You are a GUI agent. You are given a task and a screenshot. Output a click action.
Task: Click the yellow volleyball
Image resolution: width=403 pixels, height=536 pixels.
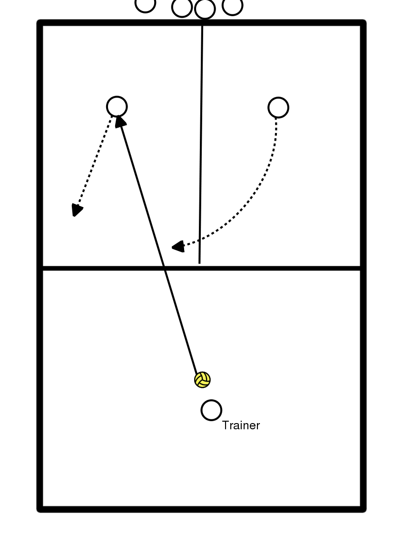202,379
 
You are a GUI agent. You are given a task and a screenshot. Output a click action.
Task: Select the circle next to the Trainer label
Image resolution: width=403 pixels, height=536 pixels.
211,410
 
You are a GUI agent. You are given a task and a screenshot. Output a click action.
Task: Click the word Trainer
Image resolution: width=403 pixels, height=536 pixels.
241,425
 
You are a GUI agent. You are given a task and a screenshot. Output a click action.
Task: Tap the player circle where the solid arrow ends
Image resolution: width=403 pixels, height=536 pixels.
117,106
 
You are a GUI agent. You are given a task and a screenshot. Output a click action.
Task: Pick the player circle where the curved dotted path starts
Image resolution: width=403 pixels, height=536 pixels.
278,108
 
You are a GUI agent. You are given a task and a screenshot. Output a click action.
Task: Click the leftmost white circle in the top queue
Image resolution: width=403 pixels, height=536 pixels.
146,4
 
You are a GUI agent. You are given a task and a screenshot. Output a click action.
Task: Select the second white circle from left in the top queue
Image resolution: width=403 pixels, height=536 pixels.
182,7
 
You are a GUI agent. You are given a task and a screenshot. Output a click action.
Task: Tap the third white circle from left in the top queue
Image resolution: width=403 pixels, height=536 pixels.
205,9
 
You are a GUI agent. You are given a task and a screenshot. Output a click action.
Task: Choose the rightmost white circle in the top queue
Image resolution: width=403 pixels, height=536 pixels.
233,6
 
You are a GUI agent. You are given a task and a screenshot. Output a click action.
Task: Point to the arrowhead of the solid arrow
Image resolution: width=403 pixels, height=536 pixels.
120,121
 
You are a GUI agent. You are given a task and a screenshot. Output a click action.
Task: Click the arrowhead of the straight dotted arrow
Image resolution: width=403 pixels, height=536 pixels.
76,210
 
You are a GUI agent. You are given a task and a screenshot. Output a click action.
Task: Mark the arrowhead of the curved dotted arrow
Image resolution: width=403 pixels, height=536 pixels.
177,247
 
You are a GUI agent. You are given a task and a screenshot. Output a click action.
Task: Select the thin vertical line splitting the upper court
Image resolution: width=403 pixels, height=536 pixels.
201,143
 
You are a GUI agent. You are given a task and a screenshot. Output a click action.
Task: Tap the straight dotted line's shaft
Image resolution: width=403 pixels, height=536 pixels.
94,162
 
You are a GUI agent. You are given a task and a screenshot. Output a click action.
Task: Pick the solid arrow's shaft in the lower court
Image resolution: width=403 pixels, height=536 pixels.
181,324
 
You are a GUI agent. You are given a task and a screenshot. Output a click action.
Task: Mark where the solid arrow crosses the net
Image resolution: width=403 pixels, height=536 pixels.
165,268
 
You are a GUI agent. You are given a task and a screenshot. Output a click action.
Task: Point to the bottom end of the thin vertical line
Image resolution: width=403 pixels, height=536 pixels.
199,262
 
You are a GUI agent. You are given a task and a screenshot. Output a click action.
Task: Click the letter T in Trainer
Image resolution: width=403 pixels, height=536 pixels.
226,425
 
